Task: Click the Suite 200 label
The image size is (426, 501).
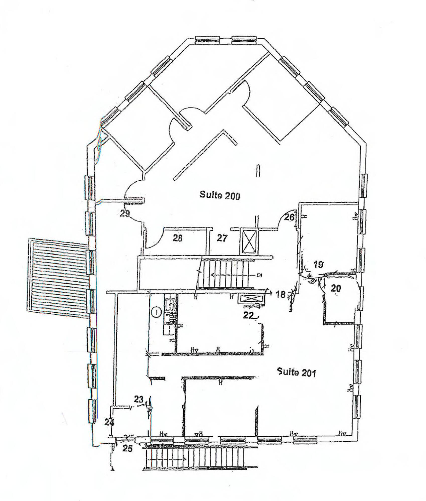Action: click(x=220, y=195)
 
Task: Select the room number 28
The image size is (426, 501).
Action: click(x=178, y=238)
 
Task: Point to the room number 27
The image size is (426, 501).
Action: click(x=222, y=238)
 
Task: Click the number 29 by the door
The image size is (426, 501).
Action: click(x=124, y=214)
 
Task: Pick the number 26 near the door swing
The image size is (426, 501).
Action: click(x=289, y=217)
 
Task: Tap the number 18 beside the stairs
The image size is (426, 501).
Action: click(x=281, y=295)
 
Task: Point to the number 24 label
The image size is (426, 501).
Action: click(x=110, y=422)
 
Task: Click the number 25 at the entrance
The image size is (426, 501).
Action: click(x=127, y=448)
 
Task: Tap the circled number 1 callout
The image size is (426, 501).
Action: click(x=156, y=312)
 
